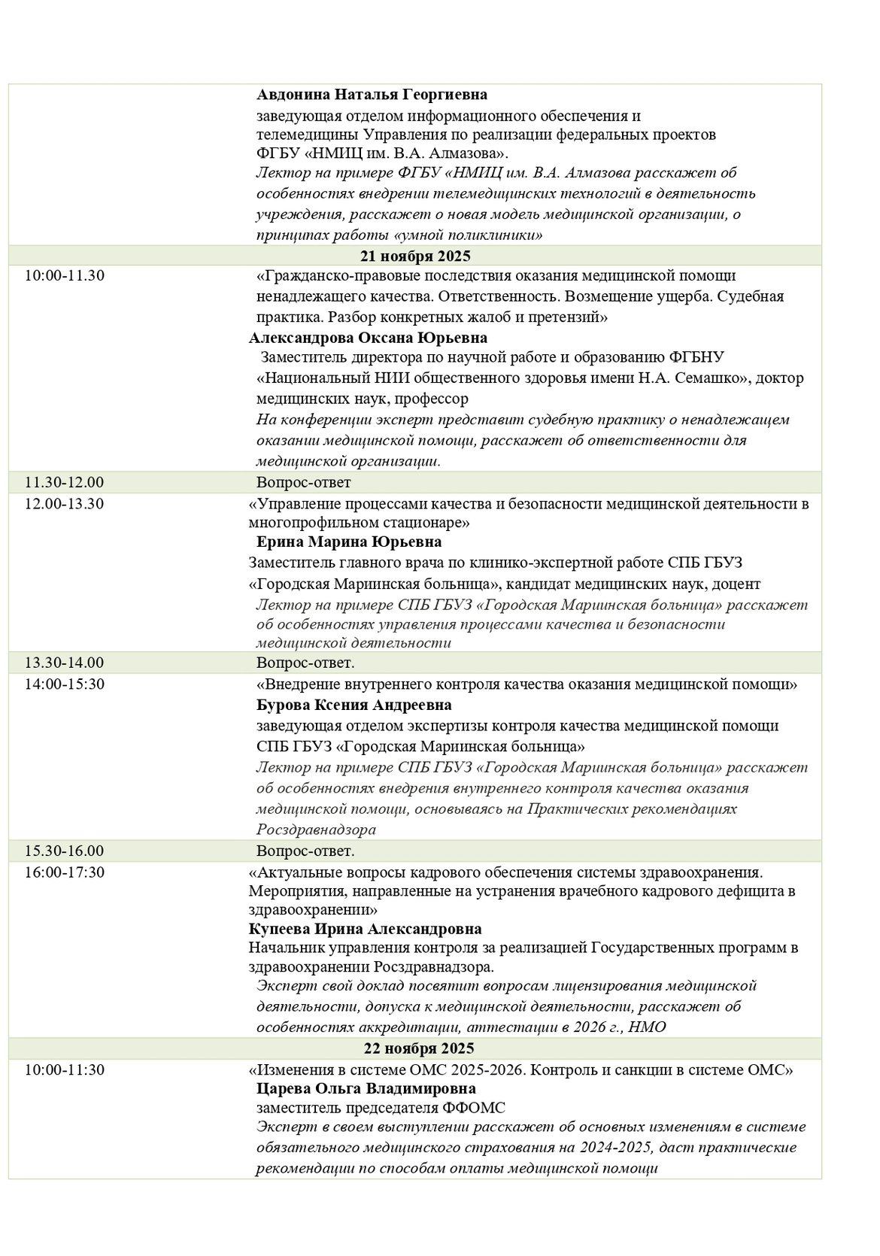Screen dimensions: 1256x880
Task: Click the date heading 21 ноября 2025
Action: [416, 256]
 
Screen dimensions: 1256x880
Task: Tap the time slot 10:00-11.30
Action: [65, 275]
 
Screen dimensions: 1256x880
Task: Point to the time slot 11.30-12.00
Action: [65, 482]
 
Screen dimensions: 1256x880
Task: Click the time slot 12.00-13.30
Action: [65, 503]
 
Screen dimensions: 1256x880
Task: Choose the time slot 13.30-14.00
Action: [65, 663]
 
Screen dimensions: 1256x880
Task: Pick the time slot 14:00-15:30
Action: [65, 684]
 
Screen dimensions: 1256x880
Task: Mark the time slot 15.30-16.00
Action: [65, 851]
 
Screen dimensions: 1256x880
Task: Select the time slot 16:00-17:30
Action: [65, 872]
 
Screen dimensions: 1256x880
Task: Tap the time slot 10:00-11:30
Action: [65, 1069]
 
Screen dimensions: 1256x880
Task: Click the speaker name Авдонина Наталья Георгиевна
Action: [372, 95]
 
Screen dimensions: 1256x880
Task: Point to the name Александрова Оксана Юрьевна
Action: [368, 338]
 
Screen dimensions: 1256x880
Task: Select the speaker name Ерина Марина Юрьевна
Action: [349, 542]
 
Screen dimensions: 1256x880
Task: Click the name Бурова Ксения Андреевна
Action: [354, 705]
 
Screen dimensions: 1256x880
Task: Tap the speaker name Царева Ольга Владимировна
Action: [366, 1088]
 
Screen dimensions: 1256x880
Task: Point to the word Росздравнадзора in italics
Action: [316, 830]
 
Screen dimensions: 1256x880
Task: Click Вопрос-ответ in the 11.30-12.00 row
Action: [303, 482]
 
